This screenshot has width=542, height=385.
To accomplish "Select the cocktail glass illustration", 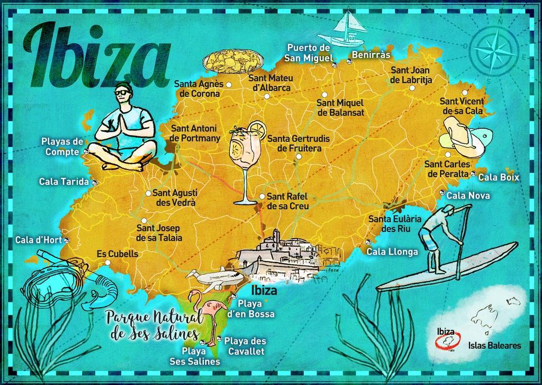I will click(x=245, y=159).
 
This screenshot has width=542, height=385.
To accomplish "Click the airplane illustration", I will click(x=217, y=279).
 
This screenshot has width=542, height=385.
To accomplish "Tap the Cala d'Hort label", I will click(x=38, y=240).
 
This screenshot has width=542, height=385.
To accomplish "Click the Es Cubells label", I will click(x=117, y=254).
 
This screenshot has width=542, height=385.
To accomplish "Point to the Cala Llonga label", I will click(x=392, y=251).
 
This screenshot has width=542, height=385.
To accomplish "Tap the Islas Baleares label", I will click(x=494, y=346).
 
